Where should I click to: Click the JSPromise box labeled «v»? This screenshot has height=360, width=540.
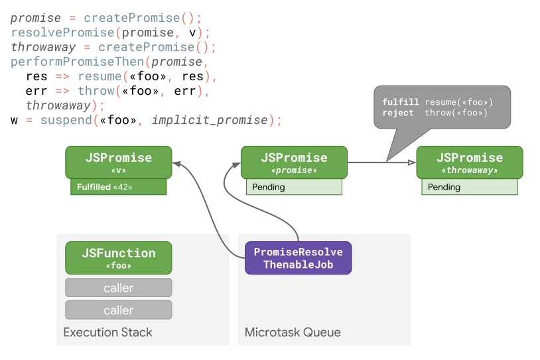(119, 162)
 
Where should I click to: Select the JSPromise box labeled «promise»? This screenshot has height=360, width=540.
(294, 162)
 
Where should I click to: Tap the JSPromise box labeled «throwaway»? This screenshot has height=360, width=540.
(470, 162)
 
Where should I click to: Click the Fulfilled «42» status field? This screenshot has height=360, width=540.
(119, 187)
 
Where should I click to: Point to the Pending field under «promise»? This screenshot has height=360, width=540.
(294, 187)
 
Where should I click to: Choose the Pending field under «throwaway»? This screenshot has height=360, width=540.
(470, 187)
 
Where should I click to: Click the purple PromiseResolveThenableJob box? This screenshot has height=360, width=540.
(298, 258)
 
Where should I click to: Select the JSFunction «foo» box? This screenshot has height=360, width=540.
(119, 258)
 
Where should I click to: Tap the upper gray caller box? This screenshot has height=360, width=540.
(119, 288)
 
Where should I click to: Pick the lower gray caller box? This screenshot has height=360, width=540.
(119, 310)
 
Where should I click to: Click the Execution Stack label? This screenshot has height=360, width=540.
(107, 332)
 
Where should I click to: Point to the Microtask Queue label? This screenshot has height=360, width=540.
(293, 332)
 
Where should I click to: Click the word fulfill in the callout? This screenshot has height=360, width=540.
(401, 102)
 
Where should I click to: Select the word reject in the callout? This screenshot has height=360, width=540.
(398, 113)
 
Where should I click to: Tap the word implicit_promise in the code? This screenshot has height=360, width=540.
(210, 120)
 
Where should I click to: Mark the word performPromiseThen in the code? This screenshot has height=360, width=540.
(78, 62)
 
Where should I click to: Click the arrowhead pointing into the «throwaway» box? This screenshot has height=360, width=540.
(412, 162)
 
